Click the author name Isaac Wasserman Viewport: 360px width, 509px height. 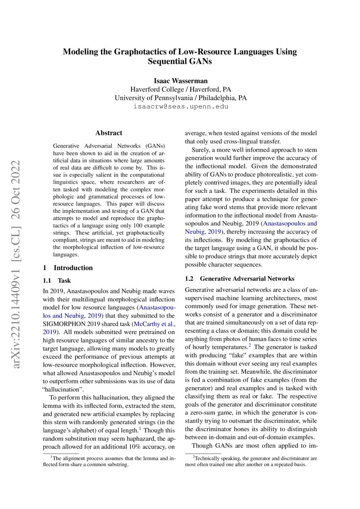[180, 81]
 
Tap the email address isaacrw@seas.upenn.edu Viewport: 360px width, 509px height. [180, 106]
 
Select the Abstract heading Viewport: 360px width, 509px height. [108, 133]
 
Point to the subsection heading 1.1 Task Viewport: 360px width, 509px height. [61, 281]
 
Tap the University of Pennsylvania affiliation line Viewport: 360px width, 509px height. [180, 98]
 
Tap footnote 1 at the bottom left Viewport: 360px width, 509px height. [109, 461]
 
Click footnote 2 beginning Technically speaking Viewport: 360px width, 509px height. [251, 461]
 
